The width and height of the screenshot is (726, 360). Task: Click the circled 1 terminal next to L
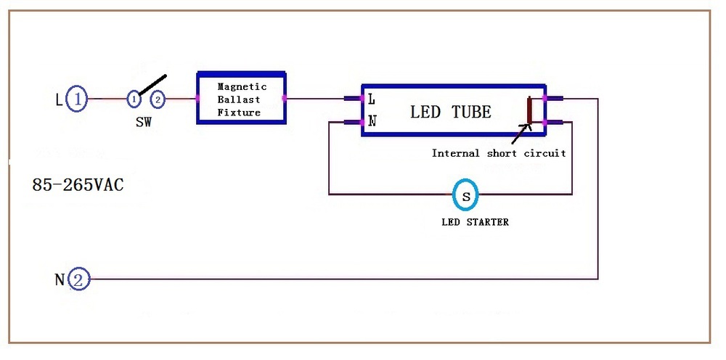click(77, 99)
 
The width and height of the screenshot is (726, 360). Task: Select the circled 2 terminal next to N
click(78, 279)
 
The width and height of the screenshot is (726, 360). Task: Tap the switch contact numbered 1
click(134, 99)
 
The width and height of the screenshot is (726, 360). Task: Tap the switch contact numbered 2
click(158, 99)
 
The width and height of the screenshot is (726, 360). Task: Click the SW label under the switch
click(144, 123)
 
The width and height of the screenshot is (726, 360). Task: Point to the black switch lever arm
click(152, 85)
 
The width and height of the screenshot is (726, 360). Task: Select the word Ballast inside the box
click(239, 99)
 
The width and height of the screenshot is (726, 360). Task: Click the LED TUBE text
click(451, 112)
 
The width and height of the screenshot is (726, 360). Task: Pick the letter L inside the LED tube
click(371, 99)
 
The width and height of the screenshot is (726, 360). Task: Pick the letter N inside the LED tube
click(372, 122)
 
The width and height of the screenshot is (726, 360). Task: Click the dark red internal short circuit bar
click(530, 110)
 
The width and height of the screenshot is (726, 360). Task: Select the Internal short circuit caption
click(499, 153)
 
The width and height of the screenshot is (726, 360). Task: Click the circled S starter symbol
click(465, 195)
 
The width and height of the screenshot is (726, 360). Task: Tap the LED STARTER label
click(475, 222)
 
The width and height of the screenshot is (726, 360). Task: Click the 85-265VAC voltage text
click(78, 185)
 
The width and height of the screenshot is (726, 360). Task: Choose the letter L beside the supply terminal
click(59, 99)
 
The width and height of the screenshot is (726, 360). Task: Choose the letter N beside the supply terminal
click(60, 279)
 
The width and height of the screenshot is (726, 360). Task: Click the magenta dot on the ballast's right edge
click(285, 98)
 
